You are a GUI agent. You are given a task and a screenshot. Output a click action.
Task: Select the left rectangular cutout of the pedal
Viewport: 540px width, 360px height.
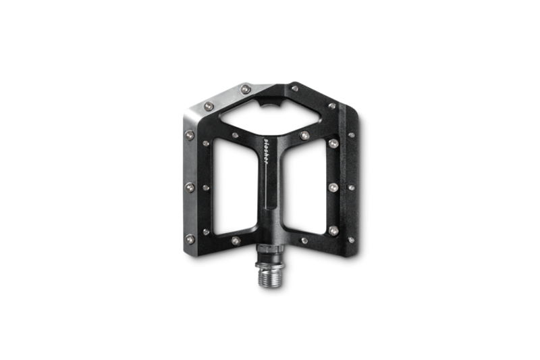[233, 186]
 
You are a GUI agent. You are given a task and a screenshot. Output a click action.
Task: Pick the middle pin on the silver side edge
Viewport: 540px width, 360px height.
[190, 187]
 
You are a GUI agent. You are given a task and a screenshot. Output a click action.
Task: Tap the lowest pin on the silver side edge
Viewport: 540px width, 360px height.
[190, 239]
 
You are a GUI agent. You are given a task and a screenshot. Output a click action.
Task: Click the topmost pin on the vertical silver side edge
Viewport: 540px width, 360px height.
[190, 135]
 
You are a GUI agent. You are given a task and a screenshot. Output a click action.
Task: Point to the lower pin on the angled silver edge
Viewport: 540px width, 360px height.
[209, 106]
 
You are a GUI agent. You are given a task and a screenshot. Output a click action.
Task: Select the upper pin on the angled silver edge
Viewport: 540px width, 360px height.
[246, 89]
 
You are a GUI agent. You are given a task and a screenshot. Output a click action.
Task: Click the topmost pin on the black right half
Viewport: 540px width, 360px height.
[294, 87]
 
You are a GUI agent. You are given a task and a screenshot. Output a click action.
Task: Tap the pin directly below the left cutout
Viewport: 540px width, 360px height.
[236, 240]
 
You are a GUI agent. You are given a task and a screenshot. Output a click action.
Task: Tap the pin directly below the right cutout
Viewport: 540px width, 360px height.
[304, 240]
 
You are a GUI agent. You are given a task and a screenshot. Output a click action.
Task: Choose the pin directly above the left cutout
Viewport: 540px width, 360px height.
[235, 135]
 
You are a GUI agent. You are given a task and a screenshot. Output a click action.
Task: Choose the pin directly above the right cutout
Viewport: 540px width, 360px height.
[305, 136]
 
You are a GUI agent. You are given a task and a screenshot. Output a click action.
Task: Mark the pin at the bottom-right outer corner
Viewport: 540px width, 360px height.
[351, 240]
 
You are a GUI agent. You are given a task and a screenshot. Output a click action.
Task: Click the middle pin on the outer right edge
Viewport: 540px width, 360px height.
[351, 187]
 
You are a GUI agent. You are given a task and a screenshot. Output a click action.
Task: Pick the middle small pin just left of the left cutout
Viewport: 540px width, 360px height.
[206, 188]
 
